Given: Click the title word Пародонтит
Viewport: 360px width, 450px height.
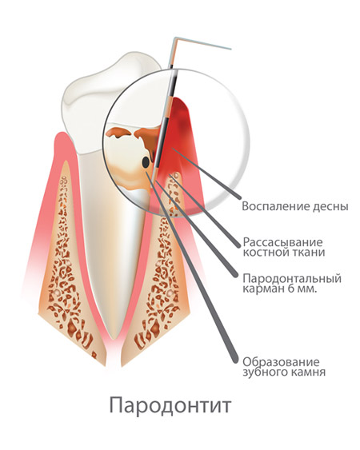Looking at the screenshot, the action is tap(170, 405).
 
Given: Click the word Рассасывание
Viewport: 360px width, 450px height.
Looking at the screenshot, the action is tap(282, 242).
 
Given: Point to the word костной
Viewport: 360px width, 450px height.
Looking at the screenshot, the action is tap(266, 253).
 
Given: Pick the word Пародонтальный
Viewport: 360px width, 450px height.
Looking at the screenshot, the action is tap(292, 279).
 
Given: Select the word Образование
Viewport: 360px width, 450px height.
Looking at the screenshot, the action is tap(281, 362).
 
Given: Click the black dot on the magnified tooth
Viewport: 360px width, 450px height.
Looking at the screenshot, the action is tap(146, 162).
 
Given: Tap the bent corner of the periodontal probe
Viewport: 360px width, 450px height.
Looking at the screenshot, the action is tap(175, 38).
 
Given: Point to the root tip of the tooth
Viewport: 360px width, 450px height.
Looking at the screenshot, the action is tap(114, 338).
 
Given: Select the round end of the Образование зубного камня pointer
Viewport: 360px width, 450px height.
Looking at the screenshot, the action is tap(236, 360).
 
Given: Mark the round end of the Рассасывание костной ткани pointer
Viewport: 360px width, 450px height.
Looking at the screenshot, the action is tap(238, 245).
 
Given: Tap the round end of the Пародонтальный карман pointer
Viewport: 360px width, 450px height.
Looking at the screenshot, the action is tap(236, 276).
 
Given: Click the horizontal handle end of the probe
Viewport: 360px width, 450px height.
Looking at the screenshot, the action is tap(230, 49).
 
